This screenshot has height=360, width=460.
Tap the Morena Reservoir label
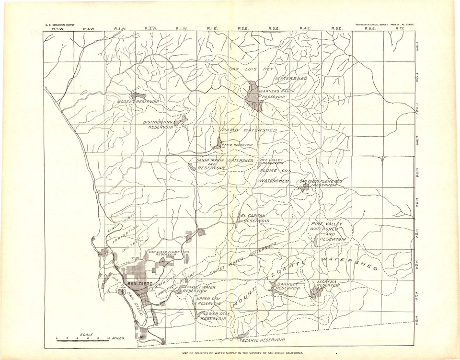pyautogui.click(x=328, y=284)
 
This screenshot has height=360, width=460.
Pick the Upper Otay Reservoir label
pyautogui.click(x=208, y=301)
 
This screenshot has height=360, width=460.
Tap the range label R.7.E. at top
pyautogui.click(x=401, y=29)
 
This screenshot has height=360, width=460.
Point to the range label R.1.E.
pyautogui.click(x=212, y=29)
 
